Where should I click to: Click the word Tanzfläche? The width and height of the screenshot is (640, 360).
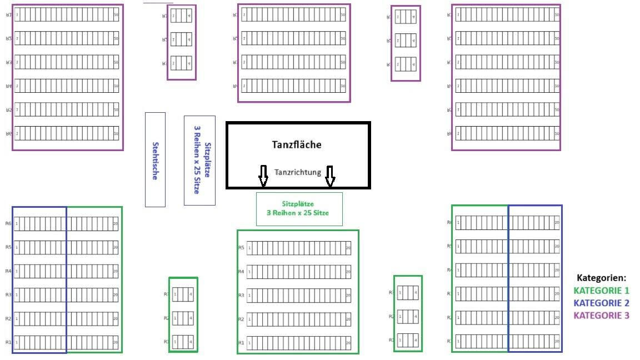(297, 144)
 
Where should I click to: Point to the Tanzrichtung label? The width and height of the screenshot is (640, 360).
(298, 172)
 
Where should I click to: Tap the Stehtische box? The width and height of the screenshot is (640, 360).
(155, 159)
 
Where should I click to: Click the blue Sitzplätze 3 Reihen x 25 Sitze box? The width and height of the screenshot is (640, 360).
(199, 160)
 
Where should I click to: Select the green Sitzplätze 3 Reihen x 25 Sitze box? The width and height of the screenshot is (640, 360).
(299, 209)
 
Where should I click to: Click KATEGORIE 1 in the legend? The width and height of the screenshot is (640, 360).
(601, 291)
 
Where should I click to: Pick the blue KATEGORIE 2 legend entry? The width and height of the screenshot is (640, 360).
(601, 303)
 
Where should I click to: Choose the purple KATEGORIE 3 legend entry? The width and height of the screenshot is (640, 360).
(601, 316)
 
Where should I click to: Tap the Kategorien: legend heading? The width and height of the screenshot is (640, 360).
(601, 278)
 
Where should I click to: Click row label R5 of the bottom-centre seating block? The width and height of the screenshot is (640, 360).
(241, 248)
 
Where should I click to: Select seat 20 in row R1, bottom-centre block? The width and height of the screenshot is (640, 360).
(348, 343)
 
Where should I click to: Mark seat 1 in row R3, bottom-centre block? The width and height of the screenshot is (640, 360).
(249, 296)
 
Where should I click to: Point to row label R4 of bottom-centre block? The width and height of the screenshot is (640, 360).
(241, 272)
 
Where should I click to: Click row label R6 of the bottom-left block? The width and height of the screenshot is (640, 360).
(8, 223)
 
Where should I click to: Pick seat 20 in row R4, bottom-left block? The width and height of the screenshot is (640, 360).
(116, 272)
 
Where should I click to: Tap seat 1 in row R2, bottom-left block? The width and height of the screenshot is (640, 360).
(17, 319)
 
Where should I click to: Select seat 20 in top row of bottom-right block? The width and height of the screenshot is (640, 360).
(557, 223)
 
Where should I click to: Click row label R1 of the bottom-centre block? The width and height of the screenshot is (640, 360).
(241, 343)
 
